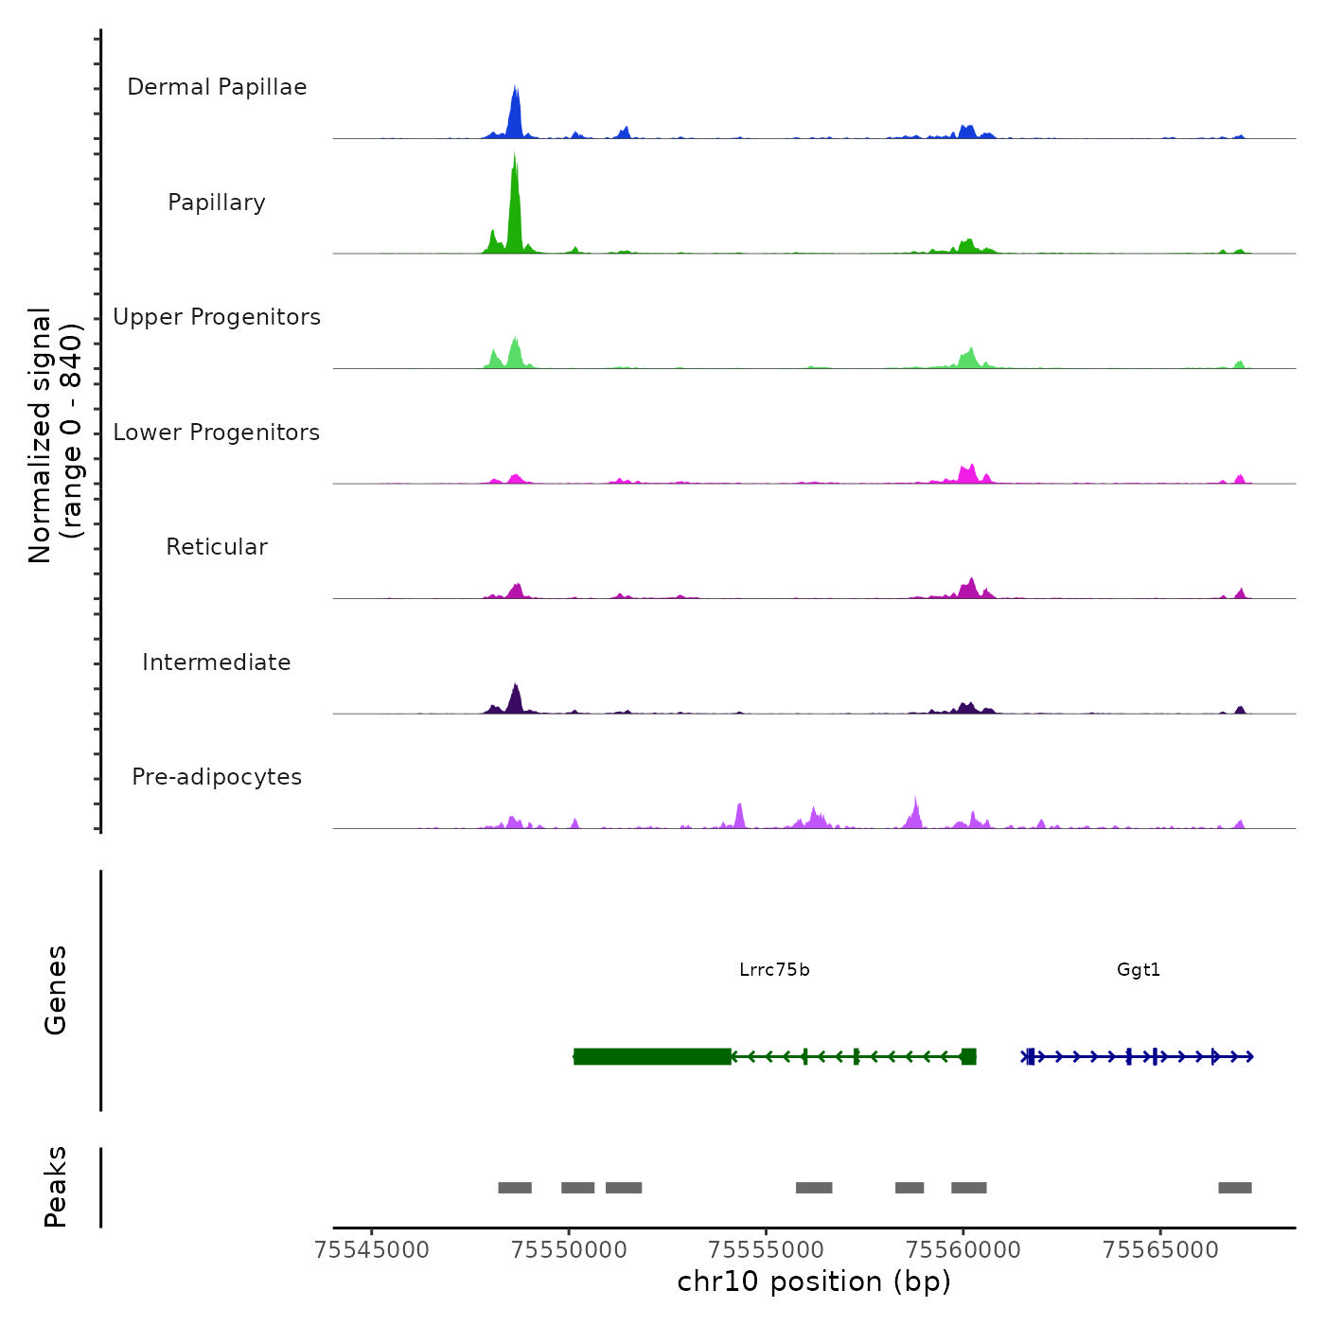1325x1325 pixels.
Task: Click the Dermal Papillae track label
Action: [x=217, y=87]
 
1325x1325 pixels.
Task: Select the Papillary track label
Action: [x=217, y=203]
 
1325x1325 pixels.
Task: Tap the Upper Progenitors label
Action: [x=217, y=317]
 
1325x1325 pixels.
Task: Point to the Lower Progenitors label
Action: [x=217, y=433]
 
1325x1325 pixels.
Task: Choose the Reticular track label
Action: [x=217, y=547]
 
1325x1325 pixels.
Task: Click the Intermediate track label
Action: [x=217, y=662]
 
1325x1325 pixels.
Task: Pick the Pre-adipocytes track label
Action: [x=217, y=777]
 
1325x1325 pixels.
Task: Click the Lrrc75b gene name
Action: [x=774, y=970]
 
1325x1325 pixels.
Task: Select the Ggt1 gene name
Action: [x=1139, y=970]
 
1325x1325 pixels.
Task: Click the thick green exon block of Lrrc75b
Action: [x=652, y=1056]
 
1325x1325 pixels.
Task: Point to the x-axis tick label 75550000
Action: [x=569, y=1250]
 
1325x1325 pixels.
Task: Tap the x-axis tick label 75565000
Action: [x=1160, y=1250]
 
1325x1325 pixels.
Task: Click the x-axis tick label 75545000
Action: [x=372, y=1250]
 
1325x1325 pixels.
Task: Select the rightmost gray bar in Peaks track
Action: [x=1234, y=1188]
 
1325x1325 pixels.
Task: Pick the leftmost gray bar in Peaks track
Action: [x=515, y=1188]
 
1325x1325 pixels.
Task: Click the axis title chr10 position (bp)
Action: [x=814, y=1281]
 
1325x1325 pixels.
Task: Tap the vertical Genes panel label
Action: [x=56, y=990]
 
